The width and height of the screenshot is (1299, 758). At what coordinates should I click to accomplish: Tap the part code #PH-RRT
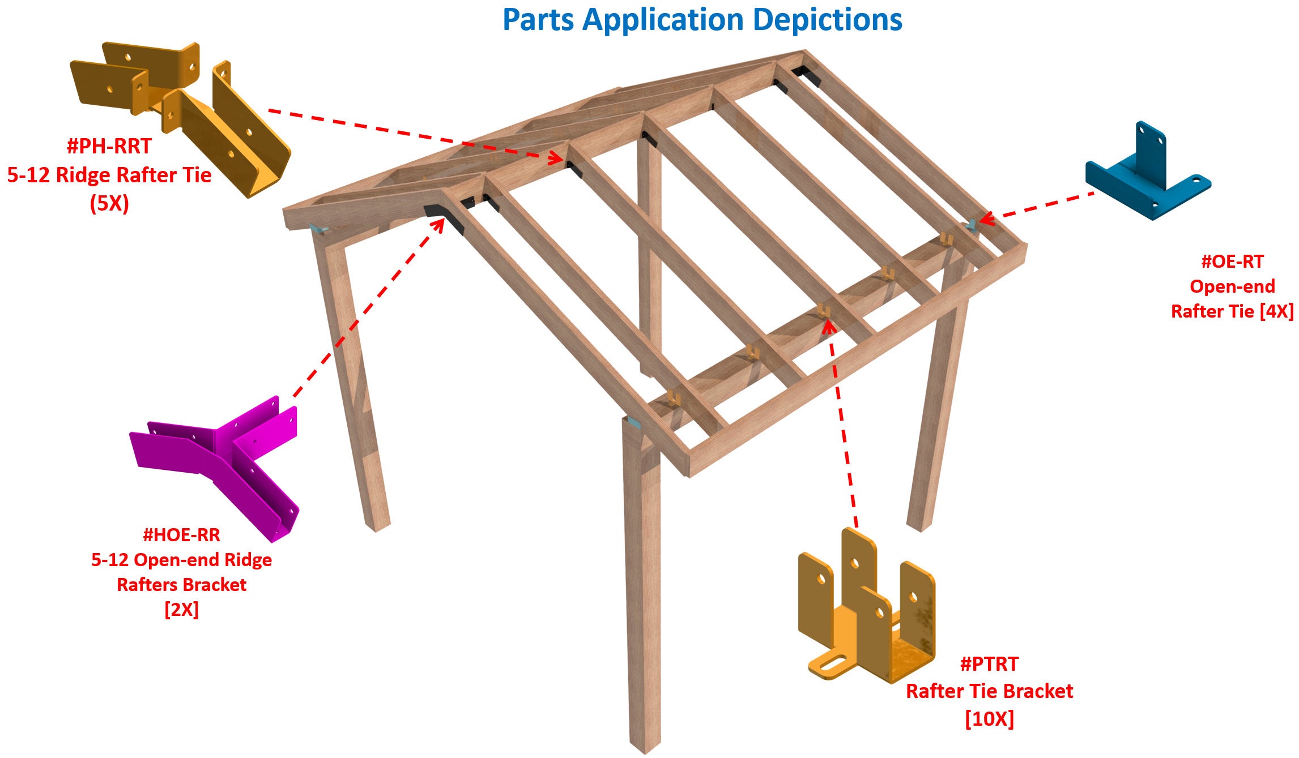[109, 147]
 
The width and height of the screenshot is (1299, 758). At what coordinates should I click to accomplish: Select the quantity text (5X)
[109, 203]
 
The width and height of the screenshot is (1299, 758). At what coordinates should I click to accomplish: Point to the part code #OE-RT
[1232, 262]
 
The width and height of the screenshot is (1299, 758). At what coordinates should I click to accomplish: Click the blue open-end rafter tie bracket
[1147, 173]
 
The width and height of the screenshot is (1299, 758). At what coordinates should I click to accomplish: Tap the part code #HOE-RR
[181, 535]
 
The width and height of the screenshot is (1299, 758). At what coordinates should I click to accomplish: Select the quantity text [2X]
[181, 610]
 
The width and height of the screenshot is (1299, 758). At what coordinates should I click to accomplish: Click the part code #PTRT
[989, 664]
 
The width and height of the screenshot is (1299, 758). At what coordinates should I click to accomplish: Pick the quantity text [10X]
[989, 719]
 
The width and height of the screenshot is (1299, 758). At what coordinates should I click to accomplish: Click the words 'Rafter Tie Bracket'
[989, 691]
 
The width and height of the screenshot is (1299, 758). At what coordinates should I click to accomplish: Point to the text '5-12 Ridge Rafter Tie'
[109, 175]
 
